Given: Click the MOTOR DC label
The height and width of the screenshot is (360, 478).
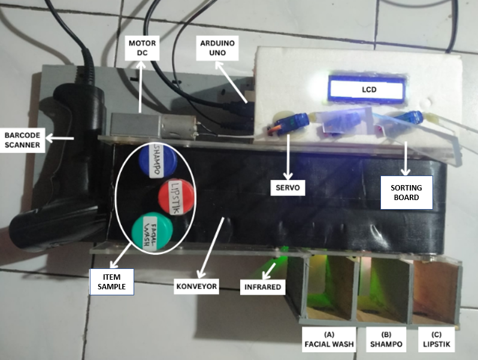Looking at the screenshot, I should (x=141, y=47).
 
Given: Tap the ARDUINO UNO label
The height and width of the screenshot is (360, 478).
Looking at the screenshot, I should (x=217, y=47).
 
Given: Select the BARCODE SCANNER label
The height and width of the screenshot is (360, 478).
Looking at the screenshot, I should (x=22, y=140).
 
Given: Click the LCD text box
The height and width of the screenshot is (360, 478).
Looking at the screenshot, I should (x=365, y=90).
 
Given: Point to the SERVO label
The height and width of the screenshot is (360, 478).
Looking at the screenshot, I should (x=288, y=188).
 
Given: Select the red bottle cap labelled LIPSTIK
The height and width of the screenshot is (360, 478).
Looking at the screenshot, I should (x=177, y=195).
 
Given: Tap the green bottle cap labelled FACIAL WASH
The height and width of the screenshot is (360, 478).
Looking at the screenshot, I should (x=149, y=232).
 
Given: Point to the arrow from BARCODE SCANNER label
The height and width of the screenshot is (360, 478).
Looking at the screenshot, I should (x=60, y=140).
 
